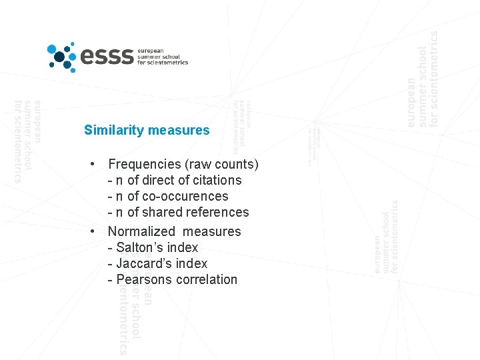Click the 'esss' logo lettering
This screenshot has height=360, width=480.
(106, 57)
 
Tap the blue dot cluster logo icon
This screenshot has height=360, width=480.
(61, 56)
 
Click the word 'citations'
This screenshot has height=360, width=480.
(217, 180)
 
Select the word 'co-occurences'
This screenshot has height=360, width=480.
(185, 196)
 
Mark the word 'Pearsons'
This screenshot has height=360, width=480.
(143, 279)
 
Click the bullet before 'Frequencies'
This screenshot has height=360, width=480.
(97, 164)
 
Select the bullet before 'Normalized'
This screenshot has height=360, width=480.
(97, 231)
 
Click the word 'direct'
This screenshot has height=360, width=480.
(159, 180)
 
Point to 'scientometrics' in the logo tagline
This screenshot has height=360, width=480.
(169, 63)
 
